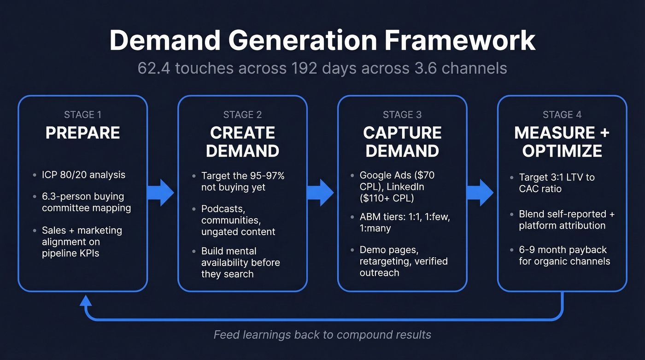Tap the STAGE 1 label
82,115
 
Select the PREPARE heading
82,133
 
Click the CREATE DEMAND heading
242,142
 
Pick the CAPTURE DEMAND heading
402,142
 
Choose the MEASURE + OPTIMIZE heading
562,142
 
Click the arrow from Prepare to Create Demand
161,193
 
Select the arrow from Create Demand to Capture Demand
321,193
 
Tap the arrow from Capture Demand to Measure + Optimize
480,193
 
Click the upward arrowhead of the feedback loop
85,301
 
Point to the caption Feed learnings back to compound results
322,335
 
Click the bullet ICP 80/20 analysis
83,175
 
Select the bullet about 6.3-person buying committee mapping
86,202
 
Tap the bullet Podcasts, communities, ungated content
238,220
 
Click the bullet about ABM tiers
405,223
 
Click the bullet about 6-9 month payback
564,255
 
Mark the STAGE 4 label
562,115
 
